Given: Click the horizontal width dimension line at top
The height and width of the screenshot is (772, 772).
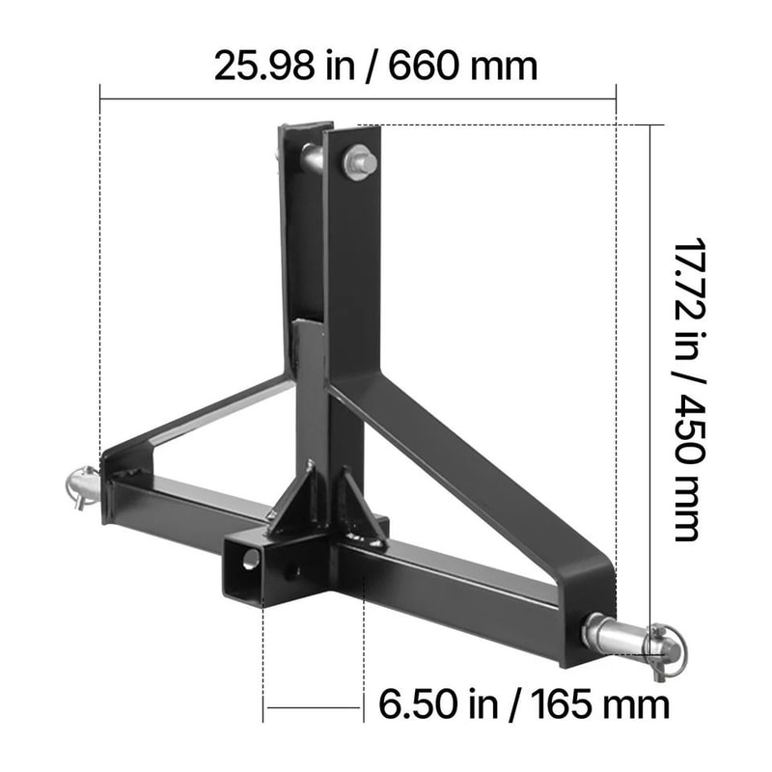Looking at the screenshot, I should point(357,98).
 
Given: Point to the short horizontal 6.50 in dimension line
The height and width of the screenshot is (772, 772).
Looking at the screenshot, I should point(314,709).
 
